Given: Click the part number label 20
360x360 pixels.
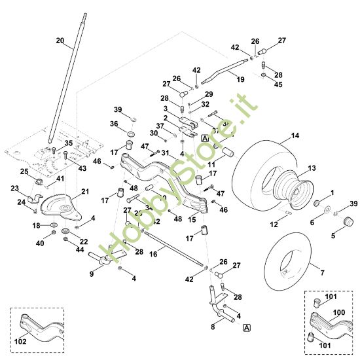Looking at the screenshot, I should pos(60,41).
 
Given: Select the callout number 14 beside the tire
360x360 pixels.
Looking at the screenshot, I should pos(295,135).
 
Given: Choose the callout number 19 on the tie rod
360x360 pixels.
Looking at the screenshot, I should pos(240,79).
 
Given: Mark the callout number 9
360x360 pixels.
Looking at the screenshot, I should pos(92,274).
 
